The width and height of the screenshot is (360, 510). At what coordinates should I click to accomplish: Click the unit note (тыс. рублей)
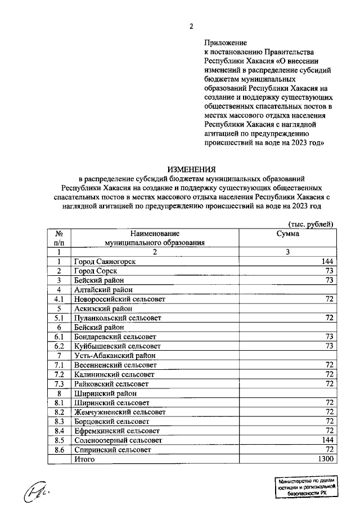[311, 223]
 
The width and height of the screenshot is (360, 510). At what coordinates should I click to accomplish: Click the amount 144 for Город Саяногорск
[327, 262]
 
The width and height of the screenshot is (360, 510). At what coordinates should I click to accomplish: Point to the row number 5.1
[58, 318]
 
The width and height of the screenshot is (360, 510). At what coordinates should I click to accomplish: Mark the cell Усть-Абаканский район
[114, 356]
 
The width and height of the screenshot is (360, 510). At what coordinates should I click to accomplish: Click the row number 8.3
[58, 422]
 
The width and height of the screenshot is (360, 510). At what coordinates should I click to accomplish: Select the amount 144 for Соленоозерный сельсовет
[327, 440]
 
